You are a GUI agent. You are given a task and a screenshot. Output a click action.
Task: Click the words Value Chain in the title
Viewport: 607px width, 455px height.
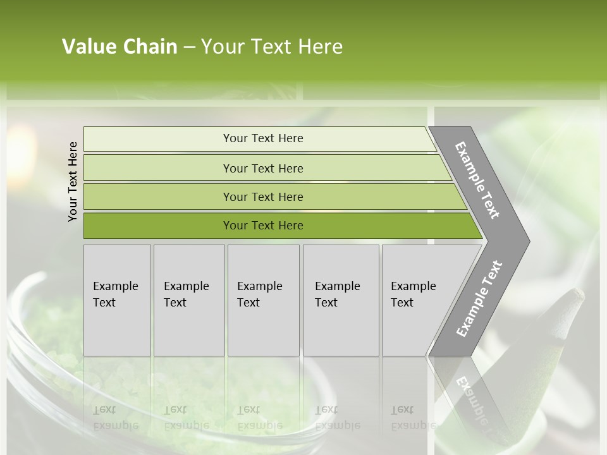pyautogui.click(x=120, y=47)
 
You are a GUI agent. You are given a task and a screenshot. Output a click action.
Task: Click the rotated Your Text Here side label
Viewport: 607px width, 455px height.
pyautogui.click(x=73, y=181)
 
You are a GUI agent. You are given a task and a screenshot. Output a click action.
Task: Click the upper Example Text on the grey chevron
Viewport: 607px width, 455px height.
pyautogui.click(x=477, y=180)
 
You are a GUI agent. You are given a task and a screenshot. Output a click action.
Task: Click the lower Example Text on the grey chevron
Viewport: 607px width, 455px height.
pyautogui.click(x=479, y=299)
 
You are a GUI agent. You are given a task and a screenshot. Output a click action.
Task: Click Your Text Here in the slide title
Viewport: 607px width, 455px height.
pyautogui.click(x=271, y=47)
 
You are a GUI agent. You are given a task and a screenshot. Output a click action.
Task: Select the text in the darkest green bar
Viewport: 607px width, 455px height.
pyautogui.click(x=263, y=226)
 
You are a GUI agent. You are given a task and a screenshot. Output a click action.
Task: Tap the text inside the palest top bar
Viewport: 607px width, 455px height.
pyautogui.click(x=263, y=138)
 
